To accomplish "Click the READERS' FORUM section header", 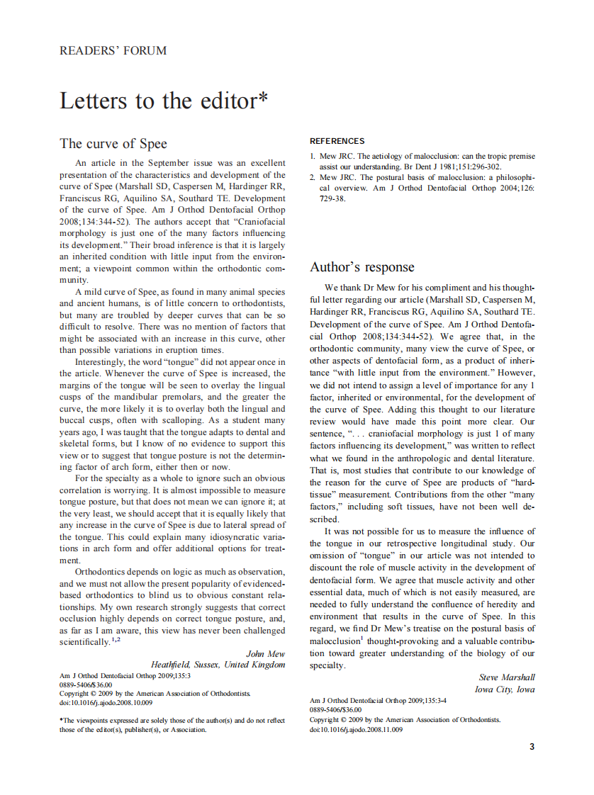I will pos(113,51).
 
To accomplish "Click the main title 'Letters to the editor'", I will pos(163,101).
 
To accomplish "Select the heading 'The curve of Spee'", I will pos(113,144).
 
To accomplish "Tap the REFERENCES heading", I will pos(337,141).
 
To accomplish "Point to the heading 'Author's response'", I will pos(362,267).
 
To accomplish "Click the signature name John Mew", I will pos(265,654).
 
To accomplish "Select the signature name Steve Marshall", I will pos(507,677).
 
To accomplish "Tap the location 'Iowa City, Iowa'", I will pos(505,689).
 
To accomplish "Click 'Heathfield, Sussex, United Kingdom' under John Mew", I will pos(218,665).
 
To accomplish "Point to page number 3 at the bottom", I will pos(532,747).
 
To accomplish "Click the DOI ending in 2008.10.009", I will pos(106,703).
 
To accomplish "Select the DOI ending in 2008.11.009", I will pos(357,729).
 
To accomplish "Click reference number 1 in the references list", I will pos(313,156).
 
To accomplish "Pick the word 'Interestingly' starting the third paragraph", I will pos(101,361).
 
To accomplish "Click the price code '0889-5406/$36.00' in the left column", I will pos(86,685).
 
